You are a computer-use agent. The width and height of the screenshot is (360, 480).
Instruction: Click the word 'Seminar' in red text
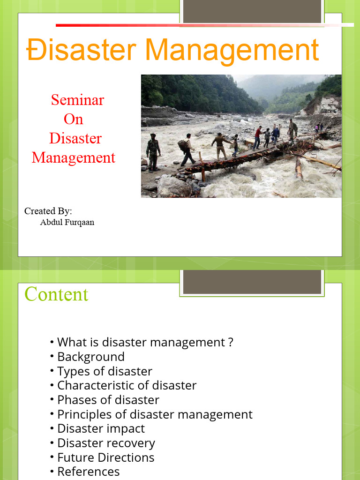(77, 100)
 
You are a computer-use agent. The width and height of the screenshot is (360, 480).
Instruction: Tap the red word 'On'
(73, 119)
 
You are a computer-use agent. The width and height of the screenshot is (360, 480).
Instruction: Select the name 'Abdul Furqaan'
(67, 222)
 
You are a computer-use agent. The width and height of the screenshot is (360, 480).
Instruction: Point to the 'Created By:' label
(48, 211)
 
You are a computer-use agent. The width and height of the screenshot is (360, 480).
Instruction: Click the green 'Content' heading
(56, 294)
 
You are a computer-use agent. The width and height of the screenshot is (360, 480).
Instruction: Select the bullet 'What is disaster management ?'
(145, 342)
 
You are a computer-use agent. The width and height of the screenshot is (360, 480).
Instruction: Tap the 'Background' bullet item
(90, 357)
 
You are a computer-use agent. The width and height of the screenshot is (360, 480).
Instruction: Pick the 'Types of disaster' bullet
(105, 371)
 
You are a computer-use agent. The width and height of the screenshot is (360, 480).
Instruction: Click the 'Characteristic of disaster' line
(127, 385)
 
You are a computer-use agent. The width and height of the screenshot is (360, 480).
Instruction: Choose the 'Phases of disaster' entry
(108, 400)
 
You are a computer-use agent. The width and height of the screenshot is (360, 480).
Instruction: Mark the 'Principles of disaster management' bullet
(155, 414)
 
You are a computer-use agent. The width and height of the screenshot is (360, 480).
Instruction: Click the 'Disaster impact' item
(101, 428)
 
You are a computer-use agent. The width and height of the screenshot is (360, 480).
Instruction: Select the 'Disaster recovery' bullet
(106, 443)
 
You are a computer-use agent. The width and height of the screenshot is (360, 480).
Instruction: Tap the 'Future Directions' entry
(105, 457)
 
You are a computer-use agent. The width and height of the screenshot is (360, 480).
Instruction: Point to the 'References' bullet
(88, 472)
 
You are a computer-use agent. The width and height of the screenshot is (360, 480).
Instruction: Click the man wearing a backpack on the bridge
(187, 149)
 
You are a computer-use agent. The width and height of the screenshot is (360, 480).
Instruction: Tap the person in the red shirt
(257, 137)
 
